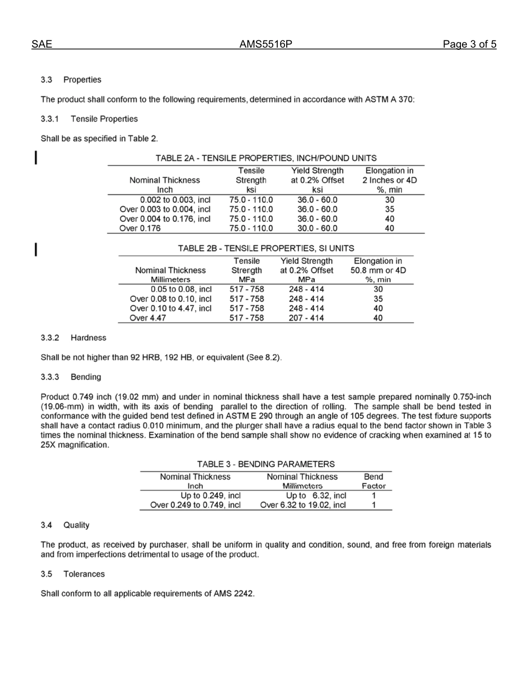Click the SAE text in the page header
point(42,45)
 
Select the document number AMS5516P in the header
point(266,45)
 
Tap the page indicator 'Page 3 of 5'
point(469,45)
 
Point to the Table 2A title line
point(266,158)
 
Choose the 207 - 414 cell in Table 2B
point(306,318)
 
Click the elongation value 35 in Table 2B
point(378,299)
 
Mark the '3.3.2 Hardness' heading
point(73,338)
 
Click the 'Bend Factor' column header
point(374,481)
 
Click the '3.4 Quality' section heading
point(65,525)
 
